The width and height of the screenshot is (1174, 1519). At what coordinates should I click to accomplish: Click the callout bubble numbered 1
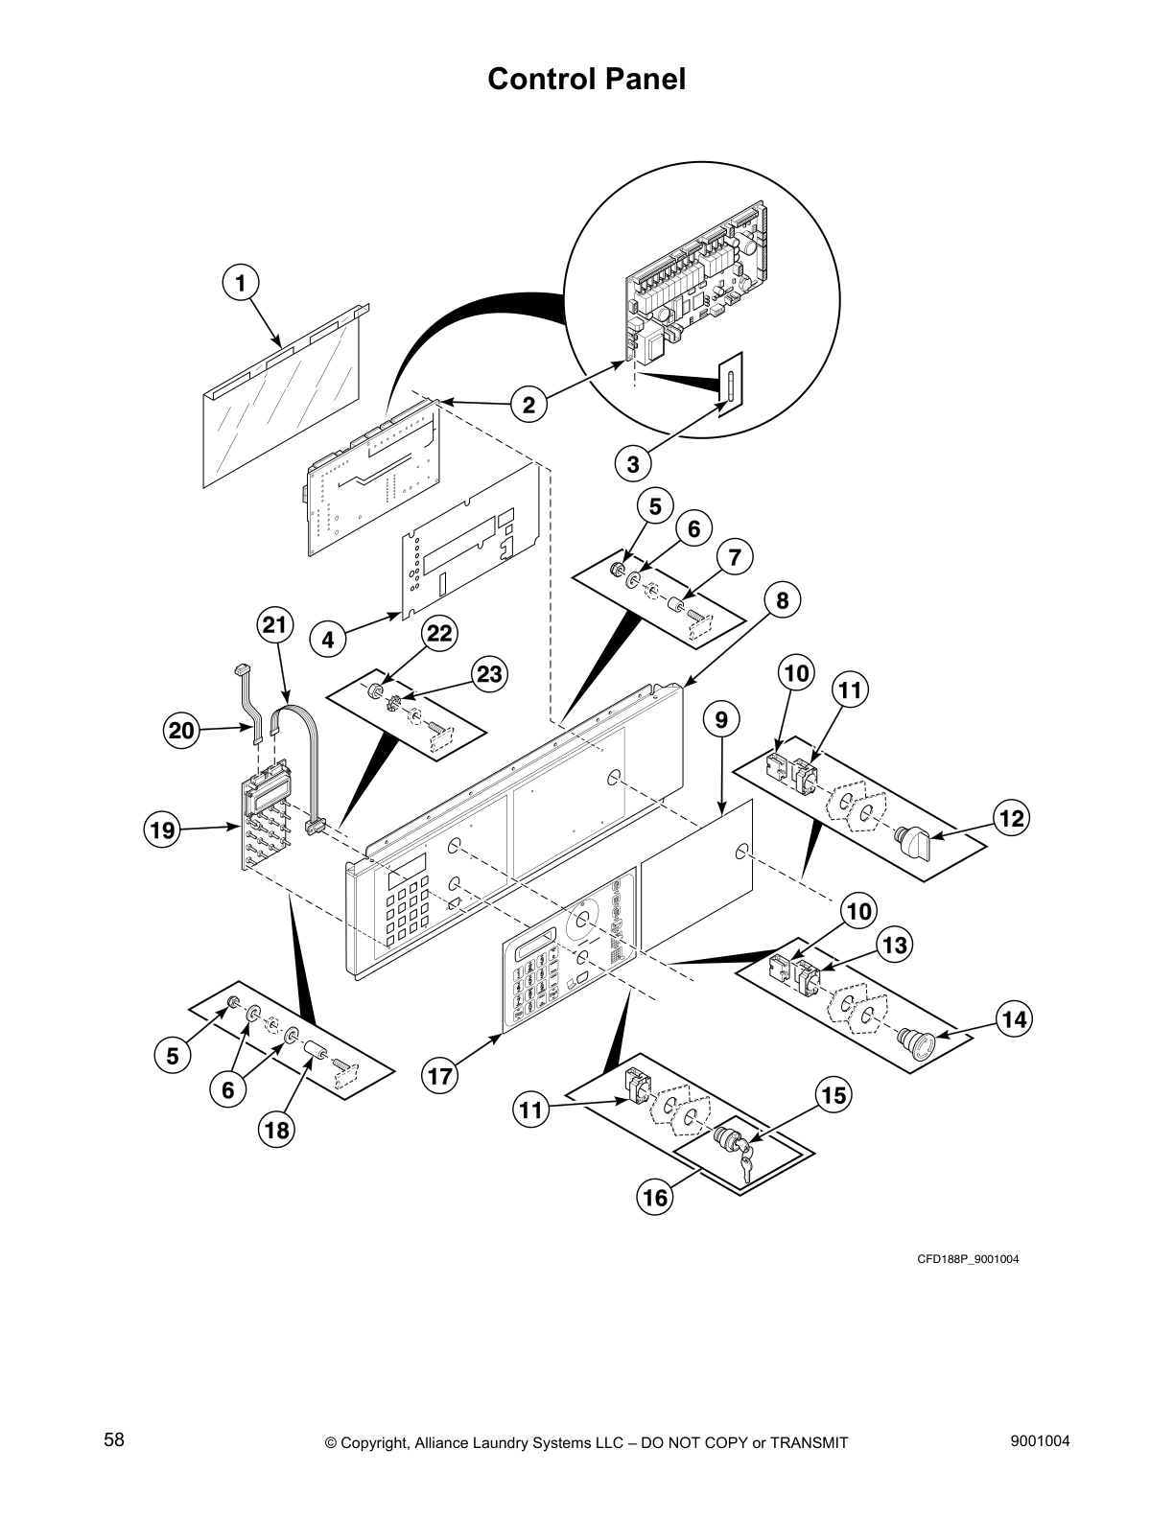241,283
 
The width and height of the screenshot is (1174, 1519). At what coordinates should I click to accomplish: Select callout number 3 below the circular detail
633,465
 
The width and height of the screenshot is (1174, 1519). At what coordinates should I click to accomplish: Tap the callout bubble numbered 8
783,600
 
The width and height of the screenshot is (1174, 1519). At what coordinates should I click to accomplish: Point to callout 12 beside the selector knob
1012,818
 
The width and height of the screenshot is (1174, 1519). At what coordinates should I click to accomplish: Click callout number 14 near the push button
1015,1019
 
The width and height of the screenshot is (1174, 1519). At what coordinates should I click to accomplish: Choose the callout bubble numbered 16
655,1197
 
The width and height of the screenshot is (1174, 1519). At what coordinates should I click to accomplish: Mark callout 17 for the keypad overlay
439,1076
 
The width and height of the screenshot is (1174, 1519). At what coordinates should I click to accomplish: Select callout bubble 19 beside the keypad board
163,829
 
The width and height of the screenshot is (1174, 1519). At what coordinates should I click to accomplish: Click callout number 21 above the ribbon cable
275,626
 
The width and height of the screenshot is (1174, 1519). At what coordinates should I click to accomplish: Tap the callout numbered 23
489,674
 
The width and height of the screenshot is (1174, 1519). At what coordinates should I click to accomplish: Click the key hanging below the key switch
745,1166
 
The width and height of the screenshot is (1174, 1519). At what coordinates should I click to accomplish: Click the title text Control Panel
586,79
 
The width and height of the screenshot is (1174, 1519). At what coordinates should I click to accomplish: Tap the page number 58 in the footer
114,1440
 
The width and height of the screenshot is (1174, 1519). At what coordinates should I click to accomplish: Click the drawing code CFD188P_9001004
968,1259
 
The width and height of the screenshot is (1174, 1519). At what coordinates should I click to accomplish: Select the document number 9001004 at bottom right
1041,1440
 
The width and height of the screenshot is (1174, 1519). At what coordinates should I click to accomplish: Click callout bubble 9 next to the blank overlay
721,718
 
